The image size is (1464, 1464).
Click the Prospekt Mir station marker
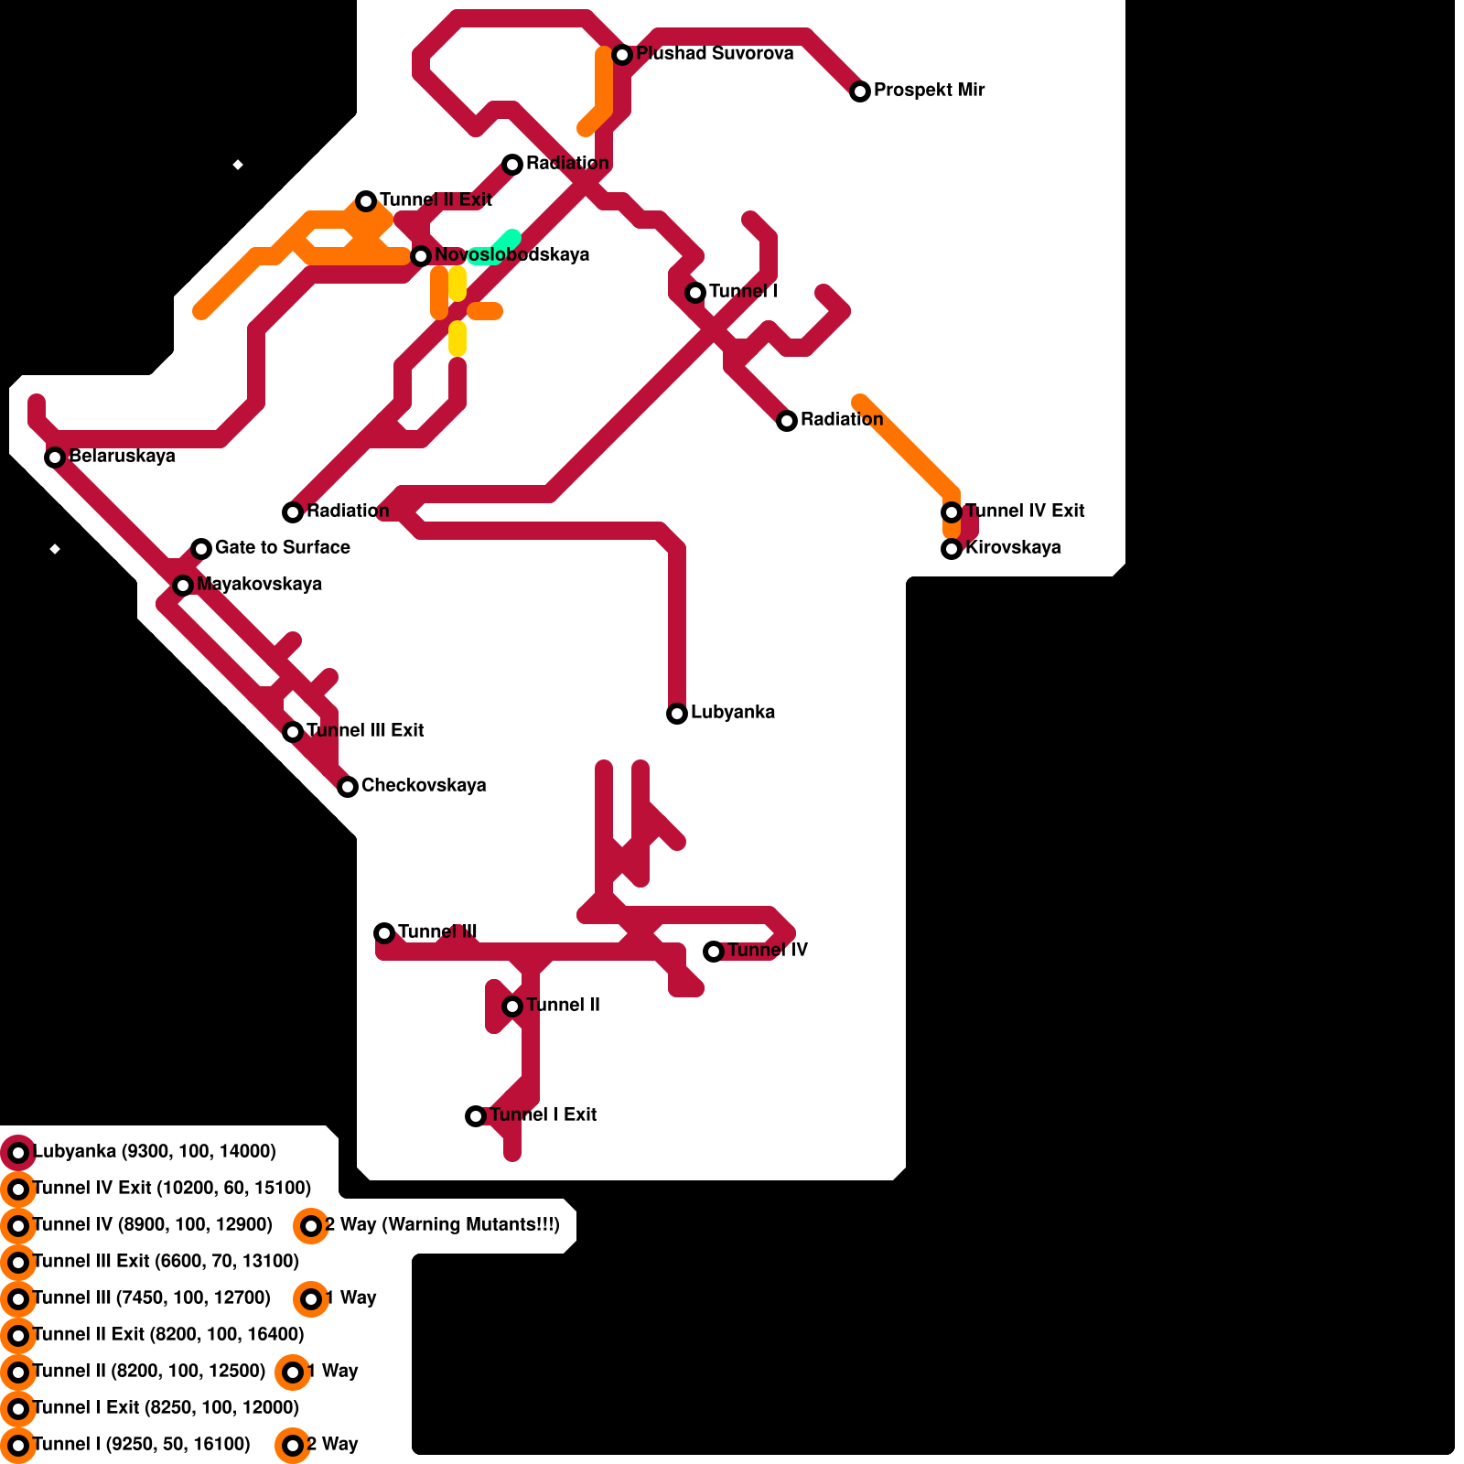[x=860, y=91]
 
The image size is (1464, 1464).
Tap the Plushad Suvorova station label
[x=715, y=54]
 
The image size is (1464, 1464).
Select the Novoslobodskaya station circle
[x=421, y=256]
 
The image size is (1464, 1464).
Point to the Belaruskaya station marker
[x=55, y=457]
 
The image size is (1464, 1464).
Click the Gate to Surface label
[x=282, y=548]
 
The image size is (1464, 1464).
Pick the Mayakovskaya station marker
[x=183, y=586]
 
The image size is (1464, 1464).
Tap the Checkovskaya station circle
[x=348, y=787]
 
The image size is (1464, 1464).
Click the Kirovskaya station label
[x=1013, y=548]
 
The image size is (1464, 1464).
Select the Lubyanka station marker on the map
[x=677, y=714]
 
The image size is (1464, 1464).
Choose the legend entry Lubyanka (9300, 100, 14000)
[x=154, y=1152]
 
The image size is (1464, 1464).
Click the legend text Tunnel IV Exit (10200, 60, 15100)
[x=172, y=1189]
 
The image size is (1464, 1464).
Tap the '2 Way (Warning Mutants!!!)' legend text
[x=442, y=1225]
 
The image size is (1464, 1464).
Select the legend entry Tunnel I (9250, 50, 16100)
[x=141, y=1445]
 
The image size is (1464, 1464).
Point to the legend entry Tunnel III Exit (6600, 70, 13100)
[x=166, y=1262]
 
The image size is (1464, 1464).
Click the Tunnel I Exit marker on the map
[x=476, y=1116]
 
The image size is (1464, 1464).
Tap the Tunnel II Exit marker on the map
[x=366, y=201]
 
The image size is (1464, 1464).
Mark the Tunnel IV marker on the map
[x=714, y=952]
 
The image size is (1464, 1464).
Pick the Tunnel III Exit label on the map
[x=364, y=731]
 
